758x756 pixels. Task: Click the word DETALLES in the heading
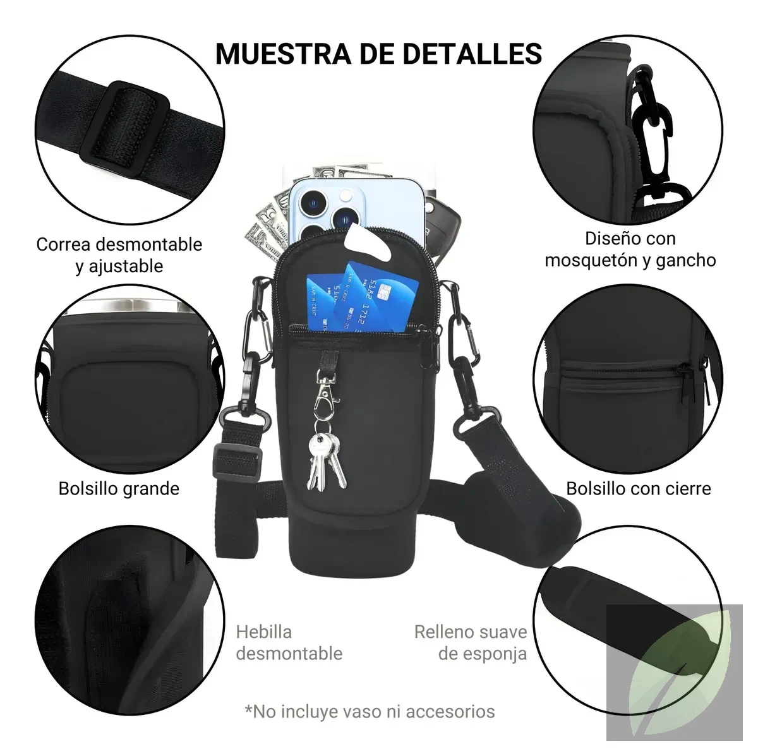(472, 54)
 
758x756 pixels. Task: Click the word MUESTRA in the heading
(283, 54)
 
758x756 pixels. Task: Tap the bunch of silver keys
(326, 462)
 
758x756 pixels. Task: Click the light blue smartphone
(356, 212)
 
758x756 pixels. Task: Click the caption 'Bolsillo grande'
(119, 489)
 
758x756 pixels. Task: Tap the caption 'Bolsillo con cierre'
(639, 489)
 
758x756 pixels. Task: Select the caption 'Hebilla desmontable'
(289, 643)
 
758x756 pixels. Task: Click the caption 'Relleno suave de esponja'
(471, 643)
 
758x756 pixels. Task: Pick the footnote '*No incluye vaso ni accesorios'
(370, 711)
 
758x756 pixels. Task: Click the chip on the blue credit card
(380, 294)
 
